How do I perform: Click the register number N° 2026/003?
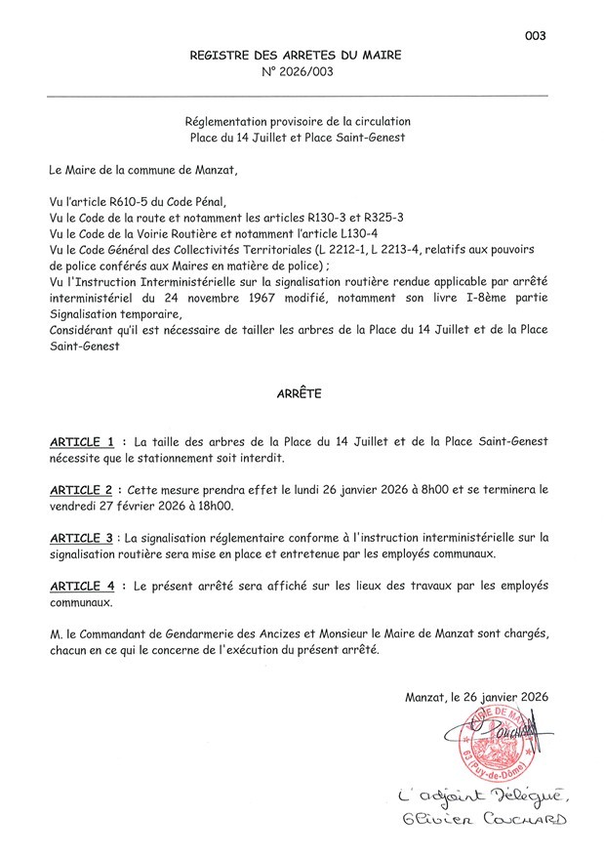pos(297,72)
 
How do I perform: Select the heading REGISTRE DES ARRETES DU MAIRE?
pos(296,55)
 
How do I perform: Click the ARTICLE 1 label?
pos(89,441)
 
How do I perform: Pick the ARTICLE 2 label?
pos(89,489)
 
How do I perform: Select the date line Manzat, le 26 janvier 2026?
pos(476,697)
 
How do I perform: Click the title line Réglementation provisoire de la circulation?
pos(298,121)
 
